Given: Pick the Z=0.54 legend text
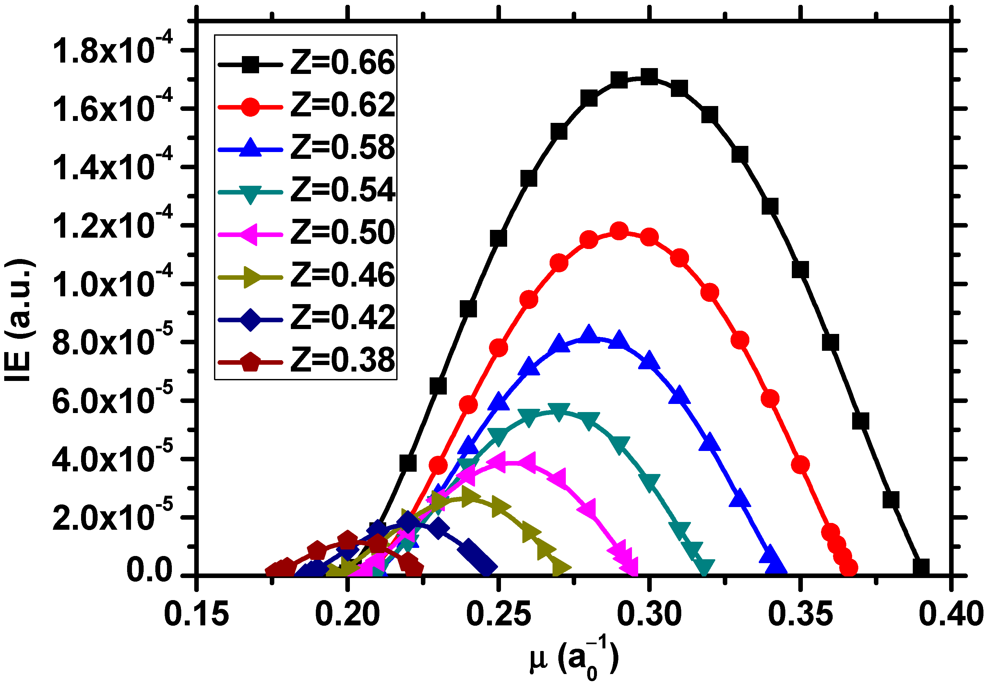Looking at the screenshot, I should point(342,190).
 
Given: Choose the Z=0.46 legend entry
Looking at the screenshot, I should point(342,275).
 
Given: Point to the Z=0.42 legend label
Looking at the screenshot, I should point(342,318).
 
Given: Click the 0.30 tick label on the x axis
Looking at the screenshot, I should point(649,614).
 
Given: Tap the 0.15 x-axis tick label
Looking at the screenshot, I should point(196,614).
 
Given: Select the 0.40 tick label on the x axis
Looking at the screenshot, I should point(951,614).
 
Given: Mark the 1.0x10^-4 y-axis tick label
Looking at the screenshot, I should point(112,284).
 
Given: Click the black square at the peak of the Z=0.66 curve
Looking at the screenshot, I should point(649,77).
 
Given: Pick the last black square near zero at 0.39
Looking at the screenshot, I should point(921,567).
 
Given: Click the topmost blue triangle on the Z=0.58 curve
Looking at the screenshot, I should point(589,334).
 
